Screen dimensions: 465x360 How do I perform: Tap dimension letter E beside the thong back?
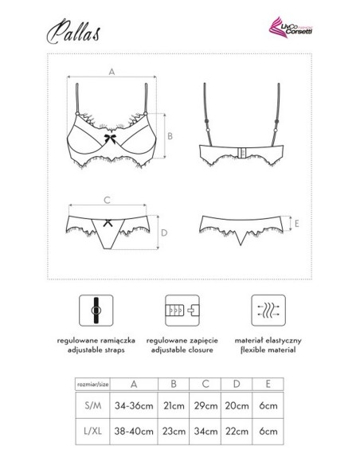(296, 226)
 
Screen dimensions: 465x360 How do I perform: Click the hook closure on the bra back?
(240, 150)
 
